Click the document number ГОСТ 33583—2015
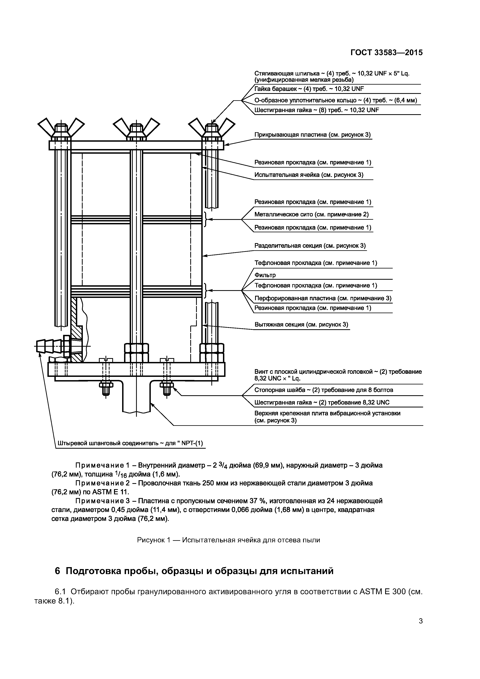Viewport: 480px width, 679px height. [387, 53]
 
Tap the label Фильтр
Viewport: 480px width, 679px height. [265, 275]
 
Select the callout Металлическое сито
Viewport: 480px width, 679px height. [311, 214]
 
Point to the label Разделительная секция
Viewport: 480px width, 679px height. [310, 246]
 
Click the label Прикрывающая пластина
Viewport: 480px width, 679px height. [312, 135]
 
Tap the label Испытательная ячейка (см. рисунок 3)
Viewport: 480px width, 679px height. [309, 175]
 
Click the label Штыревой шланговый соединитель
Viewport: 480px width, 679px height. [130, 451]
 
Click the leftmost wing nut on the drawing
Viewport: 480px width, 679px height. [61, 128]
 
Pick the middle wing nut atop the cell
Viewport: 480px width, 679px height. [136, 128]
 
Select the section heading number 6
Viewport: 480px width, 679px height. [58, 571]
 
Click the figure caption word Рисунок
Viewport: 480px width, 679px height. [150, 540]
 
